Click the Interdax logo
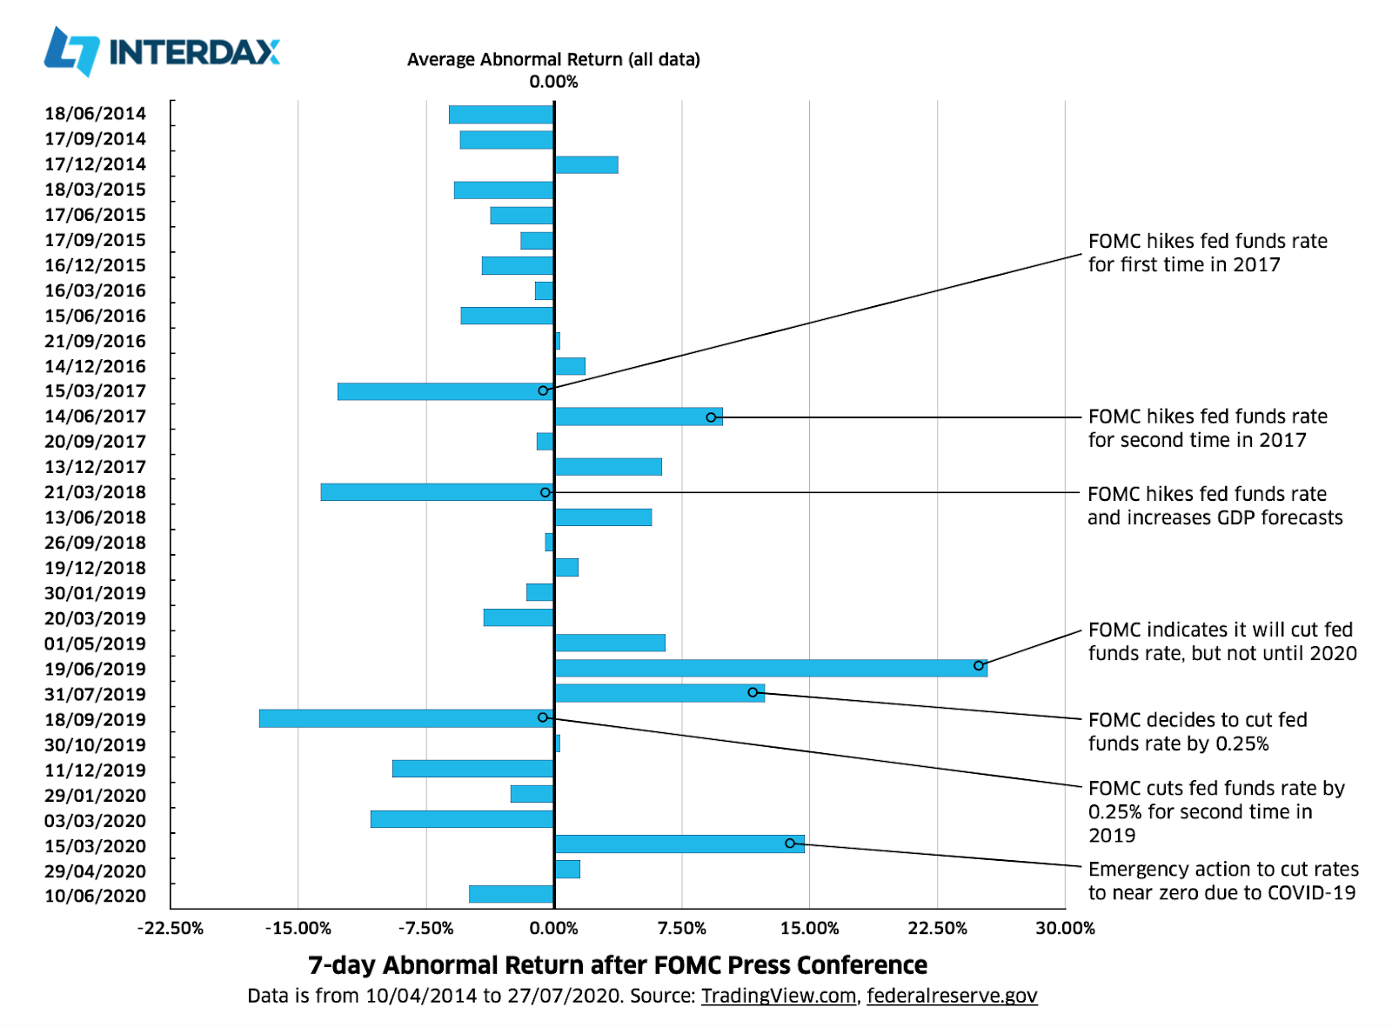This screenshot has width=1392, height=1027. pyautogui.click(x=162, y=51)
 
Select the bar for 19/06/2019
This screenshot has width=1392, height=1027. pyautogui.click(x=770, y=668)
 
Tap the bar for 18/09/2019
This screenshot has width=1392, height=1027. pyautogui.click(x=406, y=718)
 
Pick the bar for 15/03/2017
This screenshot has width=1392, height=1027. pyautogui.click(x=445, y=391)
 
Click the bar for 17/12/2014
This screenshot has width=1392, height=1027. pyautogui.click(x=586, y=164)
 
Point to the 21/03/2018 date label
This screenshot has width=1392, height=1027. pyautogui.click(x=96, y=492)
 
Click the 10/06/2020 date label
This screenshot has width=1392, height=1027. pyautogui.click(x=96, y=896)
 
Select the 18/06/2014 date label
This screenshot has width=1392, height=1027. pyautogui.click(x=96, y=114)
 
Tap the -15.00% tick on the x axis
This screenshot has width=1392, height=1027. pyautogui.click(x=298, y=928)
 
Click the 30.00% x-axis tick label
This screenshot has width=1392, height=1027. pyautogui.click(x=1065, y=928)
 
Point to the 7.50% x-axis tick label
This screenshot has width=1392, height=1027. pyautogui.click(x=682, y=928)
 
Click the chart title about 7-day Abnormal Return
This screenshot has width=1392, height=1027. pyautogui.click(x=618, y=965)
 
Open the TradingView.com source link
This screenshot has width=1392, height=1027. pyautogui.click(x=779, y=996)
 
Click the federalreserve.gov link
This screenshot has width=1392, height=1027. pyautogui.click(x=952, y=996)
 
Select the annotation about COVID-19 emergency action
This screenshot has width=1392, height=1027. pyautogui.click(x=1223, y=881)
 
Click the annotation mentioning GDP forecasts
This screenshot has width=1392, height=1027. pyautogui.click(x=1215, y=506)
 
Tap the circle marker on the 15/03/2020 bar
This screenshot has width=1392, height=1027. pyautogui.click(x=790, y=844)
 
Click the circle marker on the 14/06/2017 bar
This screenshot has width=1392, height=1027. pyautogui.click(x=711, y=417)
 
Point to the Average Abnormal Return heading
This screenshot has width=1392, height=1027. pyautogui.click(x=553, y=60)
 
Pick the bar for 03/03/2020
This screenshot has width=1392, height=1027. pyautogui.click(x=462, y=819)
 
